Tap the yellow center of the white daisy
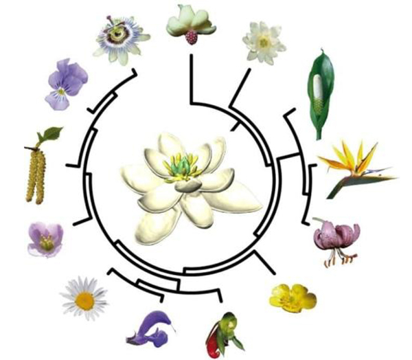tap(84, 300)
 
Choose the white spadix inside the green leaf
tap(318, 89)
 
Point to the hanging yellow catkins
tap(35, 175)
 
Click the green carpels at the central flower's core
tap(180, 166)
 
